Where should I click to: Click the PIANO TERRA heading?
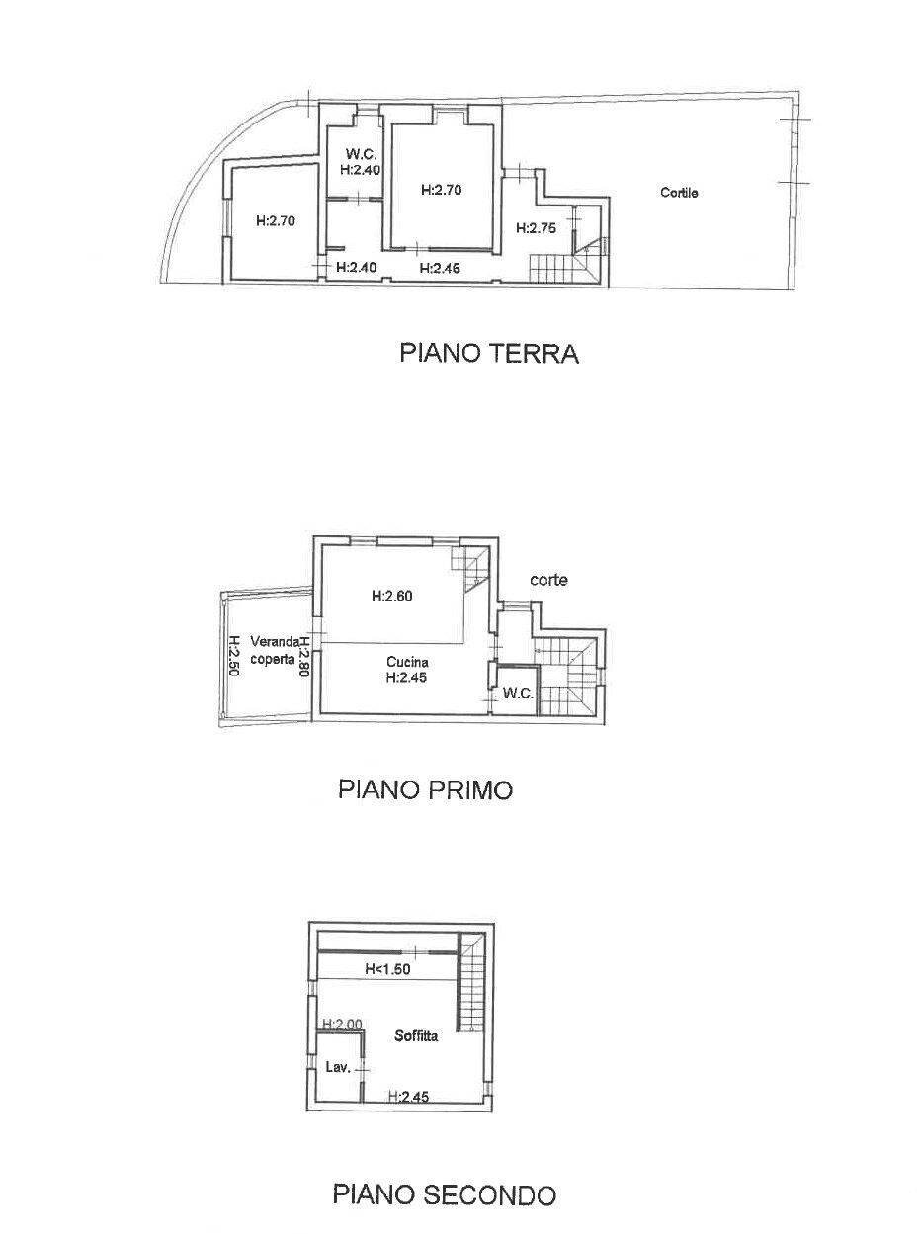[488, 353]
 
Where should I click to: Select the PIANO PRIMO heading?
[425, 789]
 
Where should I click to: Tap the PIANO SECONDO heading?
[444, 1194]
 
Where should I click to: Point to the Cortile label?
[679, 193]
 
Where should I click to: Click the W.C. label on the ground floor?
[358, 154]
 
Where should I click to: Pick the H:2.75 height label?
[537, 227]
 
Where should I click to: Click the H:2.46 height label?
[439, 267]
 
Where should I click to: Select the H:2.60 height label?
[392, 596]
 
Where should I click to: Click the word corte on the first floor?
[547, 580]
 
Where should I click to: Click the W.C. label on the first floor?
[518, 693]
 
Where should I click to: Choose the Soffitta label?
[416, 1036]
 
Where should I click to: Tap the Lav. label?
[338, 1067]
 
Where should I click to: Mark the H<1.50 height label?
[387, 969]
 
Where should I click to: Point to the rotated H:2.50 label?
[234, 653]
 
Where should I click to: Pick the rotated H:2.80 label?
[305, 653]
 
